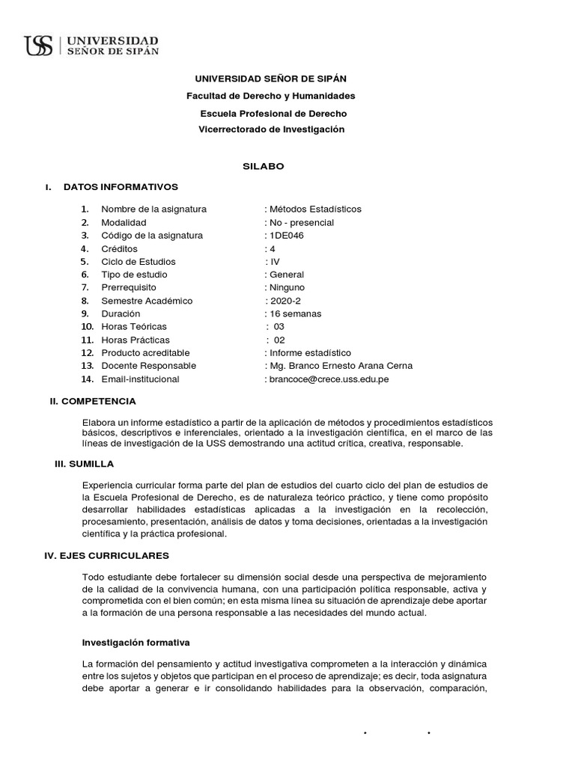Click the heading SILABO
263,166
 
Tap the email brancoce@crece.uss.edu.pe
329,379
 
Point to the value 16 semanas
295,314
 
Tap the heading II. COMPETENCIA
93,402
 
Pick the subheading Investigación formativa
136,642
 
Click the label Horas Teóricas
134,327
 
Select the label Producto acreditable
145,353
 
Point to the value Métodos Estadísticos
314,209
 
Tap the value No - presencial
301,222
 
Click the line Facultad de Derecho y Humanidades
270,96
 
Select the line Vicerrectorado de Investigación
271,129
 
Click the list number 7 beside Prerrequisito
85,288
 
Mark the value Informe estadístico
310,353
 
